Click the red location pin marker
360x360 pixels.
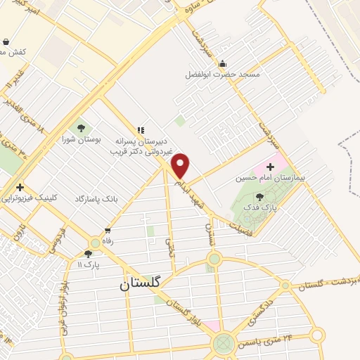click(x=181, y=166)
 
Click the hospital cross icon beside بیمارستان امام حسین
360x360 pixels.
click(x=271, y=166)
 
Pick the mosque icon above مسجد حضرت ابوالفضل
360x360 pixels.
click(x=223, y=63)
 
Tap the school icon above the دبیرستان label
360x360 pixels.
click(x=141, y=130)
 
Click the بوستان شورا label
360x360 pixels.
click(x=82, y=139)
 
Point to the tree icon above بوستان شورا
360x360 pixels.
click(x=82, y=128)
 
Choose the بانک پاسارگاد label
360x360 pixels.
click(x=97, y=199)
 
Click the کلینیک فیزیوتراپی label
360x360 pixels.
click(x=30, y=199)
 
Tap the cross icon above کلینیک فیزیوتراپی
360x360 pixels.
click(x=20, y=188)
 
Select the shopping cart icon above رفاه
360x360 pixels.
click(x=108, y=230)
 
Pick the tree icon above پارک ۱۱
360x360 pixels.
click(x=88, y=254)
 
